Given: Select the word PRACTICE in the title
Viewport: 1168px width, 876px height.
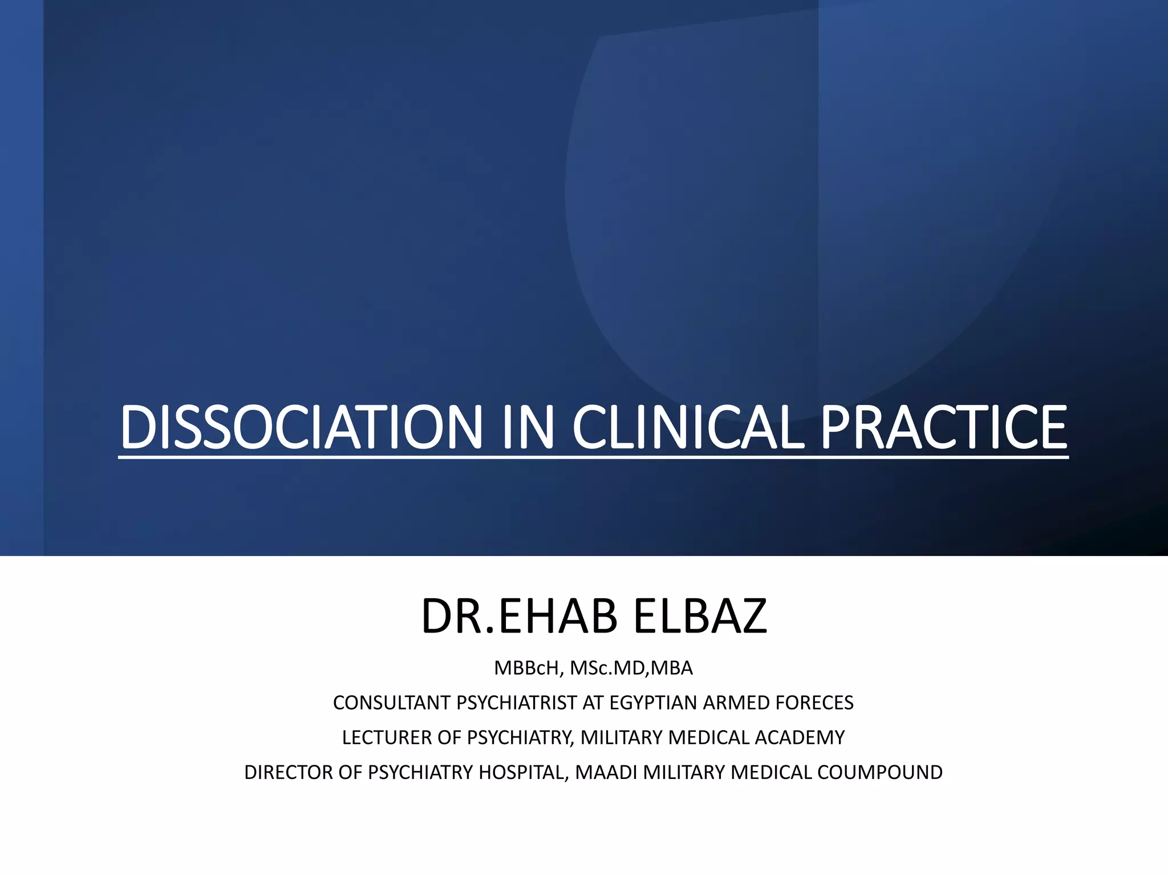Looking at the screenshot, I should click(943, 427).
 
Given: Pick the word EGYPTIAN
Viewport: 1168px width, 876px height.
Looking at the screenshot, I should click(653, 703).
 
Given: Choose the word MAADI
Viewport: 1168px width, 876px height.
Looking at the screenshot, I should click(606, 772).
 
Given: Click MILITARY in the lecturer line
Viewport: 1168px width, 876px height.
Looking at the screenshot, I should click(622, 737).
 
